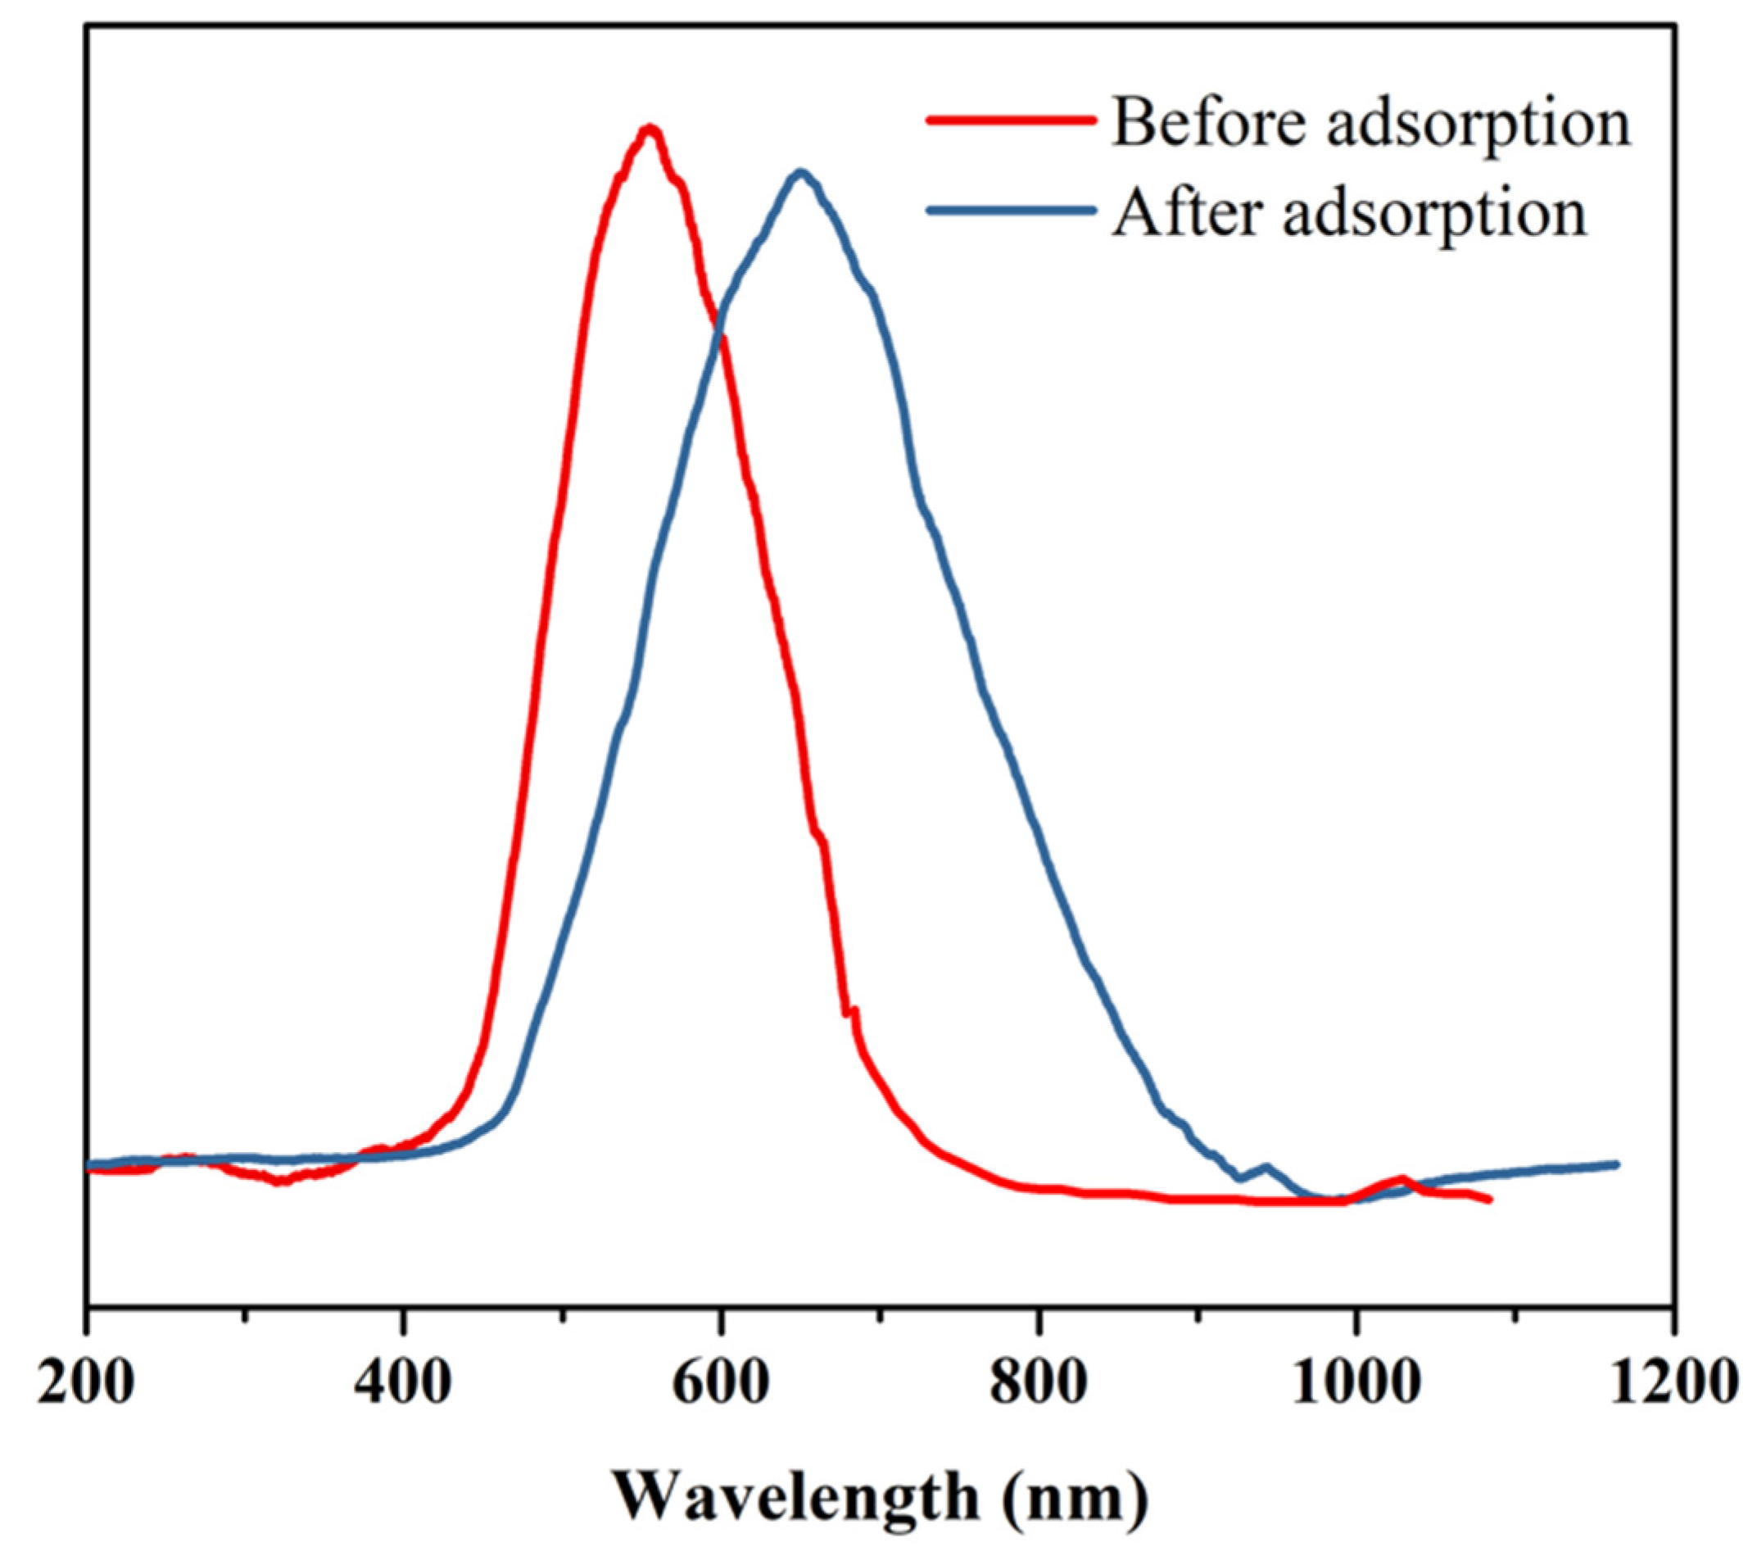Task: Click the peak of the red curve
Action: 650,129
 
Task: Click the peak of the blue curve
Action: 801,172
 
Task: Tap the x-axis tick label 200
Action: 86,1383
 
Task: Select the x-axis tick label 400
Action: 402,1383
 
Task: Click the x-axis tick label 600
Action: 720,1383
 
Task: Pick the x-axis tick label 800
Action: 1039,1383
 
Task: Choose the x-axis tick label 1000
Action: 1356,1383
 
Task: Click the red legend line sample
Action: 1011,120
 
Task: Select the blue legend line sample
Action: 1011,210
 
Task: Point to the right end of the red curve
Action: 1490,1200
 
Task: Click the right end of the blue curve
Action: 1617,1164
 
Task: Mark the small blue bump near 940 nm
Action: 1265,1167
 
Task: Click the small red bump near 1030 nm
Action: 1402,1178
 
